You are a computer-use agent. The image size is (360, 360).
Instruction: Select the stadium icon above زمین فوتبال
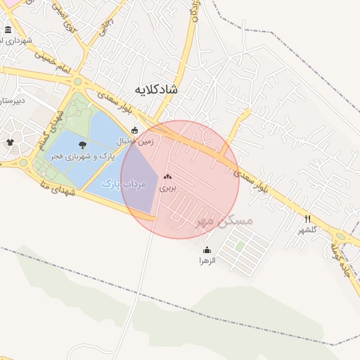click(x=135, y=130)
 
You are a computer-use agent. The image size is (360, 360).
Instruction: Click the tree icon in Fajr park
click(x=83, y=144)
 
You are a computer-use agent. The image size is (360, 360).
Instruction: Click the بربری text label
click(x=167, y=188)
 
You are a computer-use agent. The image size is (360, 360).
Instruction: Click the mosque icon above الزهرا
click(x=207, y=250)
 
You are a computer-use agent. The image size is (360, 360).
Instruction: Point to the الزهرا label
click(x=207, y=260)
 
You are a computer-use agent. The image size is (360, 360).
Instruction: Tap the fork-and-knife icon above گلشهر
click(x=308, y=219)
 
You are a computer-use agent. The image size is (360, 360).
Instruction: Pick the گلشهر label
click(x=308, y=229)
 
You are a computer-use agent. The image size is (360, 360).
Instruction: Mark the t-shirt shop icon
click(x=10, y=143)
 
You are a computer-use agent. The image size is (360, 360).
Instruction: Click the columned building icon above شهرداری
click(x=8, y=30)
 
